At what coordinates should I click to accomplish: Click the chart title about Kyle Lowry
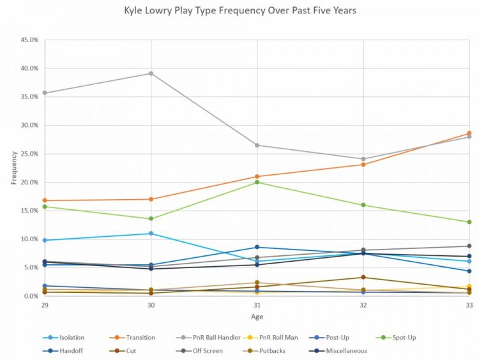[x=240, y=11]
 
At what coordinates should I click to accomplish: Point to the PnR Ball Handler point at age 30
[x=151, y=73]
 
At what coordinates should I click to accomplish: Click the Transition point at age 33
[x=469, y=133]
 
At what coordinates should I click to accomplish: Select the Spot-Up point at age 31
[x=257, y=182]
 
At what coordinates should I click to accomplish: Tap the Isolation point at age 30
[x=151, y=234]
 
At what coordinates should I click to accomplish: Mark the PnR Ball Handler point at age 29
[x=45, y=93]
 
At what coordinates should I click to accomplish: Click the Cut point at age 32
[x=363, y=277]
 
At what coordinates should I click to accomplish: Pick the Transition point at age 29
[x=45, y=200]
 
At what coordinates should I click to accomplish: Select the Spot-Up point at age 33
[x=469, y=222]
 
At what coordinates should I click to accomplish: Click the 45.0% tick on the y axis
[x=29, y=40]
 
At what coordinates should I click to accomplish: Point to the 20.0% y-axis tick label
[x=29, y=182]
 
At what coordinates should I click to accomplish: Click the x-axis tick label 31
[x=257, y=306]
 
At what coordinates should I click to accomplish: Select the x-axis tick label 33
[x=469, y=306]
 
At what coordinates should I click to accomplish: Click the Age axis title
[x=256, y=317]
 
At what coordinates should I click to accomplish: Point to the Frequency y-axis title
[x=14, y=168]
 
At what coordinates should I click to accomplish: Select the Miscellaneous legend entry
[x=342, y=350]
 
